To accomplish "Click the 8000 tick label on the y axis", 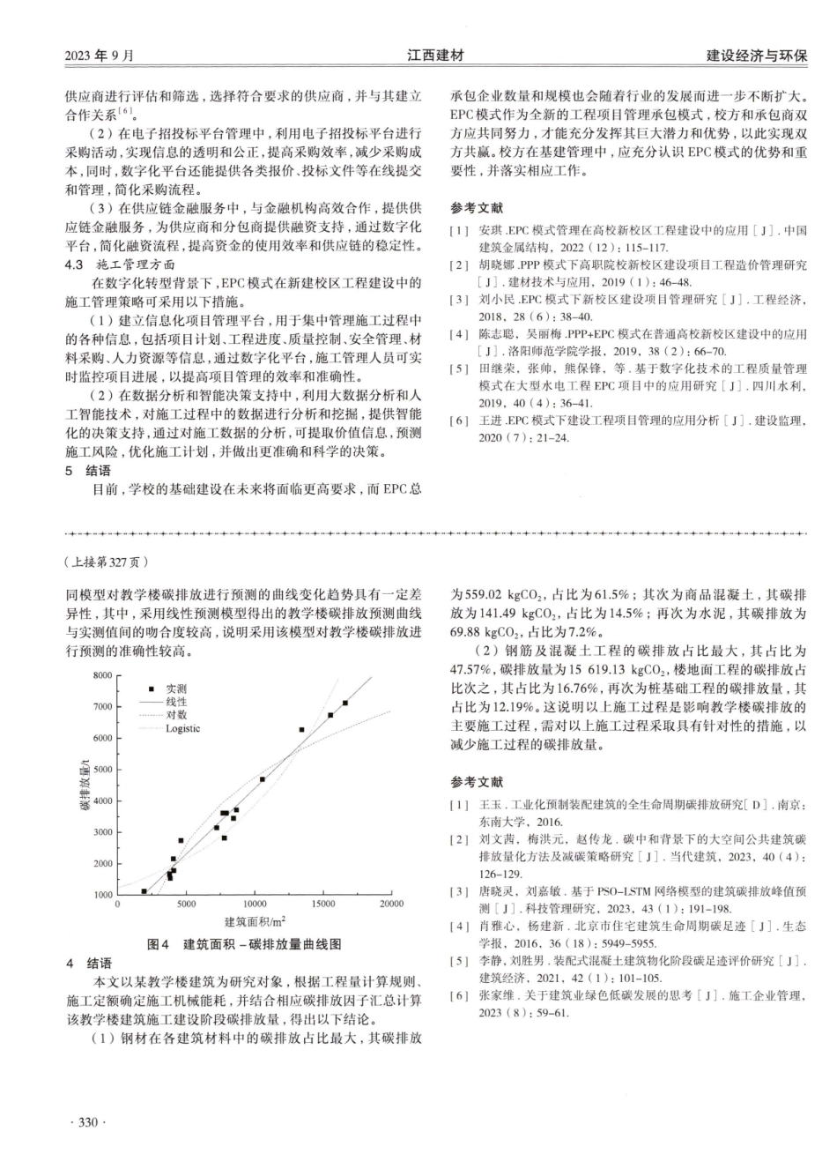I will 102,675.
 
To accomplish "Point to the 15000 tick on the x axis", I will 322,904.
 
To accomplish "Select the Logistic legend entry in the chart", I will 182,728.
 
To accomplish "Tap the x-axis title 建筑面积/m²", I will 255,921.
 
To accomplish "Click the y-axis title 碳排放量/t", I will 85,785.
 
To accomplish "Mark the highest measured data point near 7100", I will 345,703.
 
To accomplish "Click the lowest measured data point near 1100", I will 144,891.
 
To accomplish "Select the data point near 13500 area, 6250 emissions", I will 302,730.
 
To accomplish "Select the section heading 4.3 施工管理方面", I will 122,264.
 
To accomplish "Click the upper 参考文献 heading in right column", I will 477,208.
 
